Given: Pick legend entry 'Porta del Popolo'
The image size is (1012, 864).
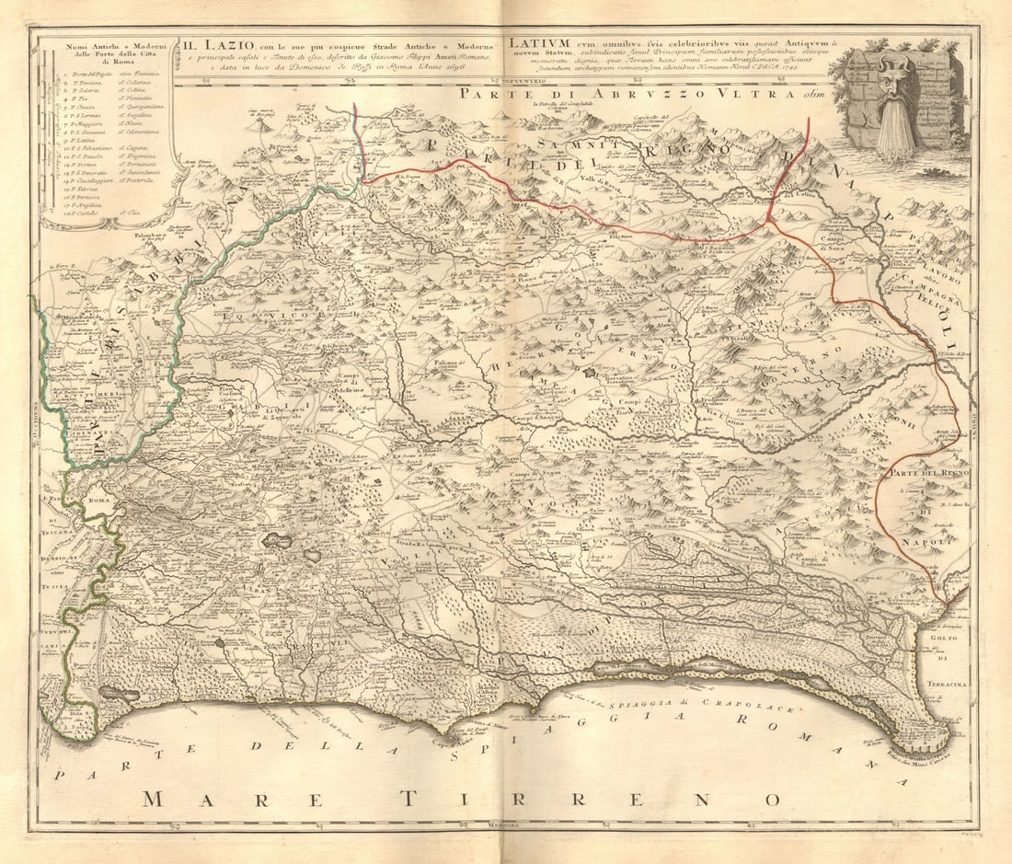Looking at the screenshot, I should coord(86,73).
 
